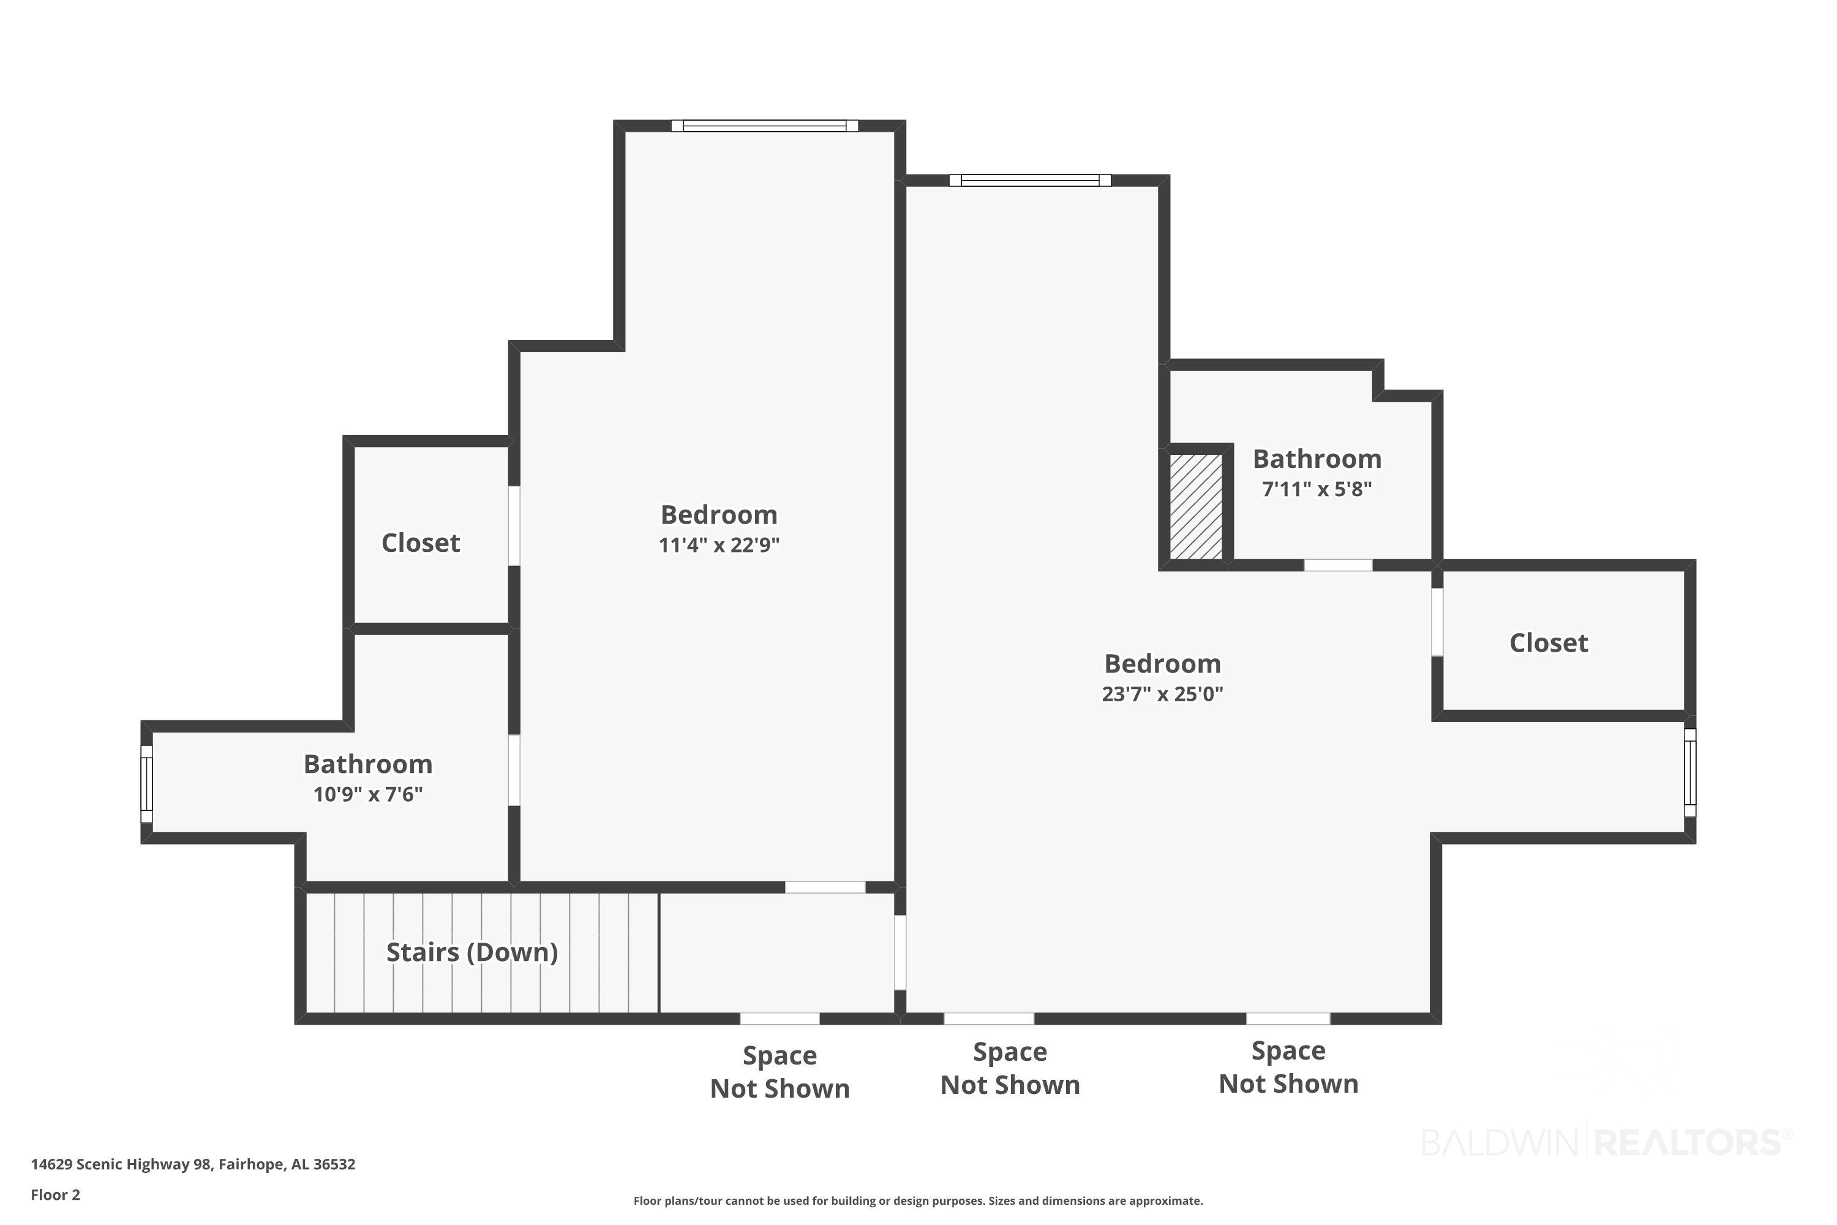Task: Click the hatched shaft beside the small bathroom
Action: pos(1195,507)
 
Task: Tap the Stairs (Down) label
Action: pos(471,952)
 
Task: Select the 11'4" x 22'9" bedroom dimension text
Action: pos(718,545)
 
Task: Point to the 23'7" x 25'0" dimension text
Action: pos(1162,694)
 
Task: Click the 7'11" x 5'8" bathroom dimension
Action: pos(1317,489)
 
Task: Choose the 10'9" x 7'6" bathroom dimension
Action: pos(368,794)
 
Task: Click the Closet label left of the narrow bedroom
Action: pos(420,543)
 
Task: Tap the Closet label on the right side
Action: pos(1548,643)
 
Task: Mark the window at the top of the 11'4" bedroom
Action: pos(765,126)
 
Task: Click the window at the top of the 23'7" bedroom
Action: pos(1030,181)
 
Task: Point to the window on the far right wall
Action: pos(1689,772)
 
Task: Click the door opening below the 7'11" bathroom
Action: pos(1338,565)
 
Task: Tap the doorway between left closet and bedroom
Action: pos(514,526)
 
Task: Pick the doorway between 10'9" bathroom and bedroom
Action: pos(514,771)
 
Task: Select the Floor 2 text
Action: pos(56,1194)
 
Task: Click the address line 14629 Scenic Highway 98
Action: pos(193,1164)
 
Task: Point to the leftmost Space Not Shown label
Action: pos(780,1072)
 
